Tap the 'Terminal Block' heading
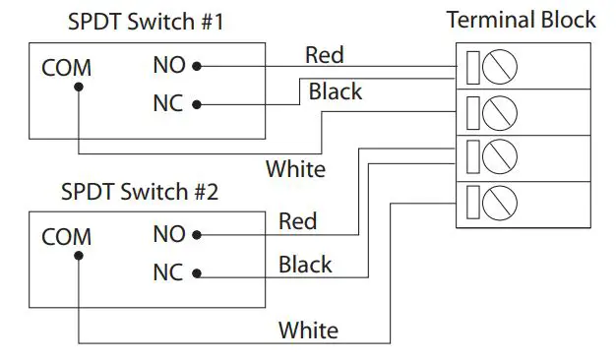coord(521,20)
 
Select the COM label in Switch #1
coord(66,69)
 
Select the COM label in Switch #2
coord(66,237)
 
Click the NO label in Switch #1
coord(168,66)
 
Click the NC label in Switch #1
coord(168,103)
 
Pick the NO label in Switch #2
coord(168,235)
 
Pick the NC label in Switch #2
coord(168,272)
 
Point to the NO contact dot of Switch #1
coord(197,66)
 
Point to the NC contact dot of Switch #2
coord(197,272)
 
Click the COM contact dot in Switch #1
coord(79,86)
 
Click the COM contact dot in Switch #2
coord(79,255)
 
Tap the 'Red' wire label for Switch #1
coord(324,54)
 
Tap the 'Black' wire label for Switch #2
coord(305,265)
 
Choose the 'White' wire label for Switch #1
coord(295,169)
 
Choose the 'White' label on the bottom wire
coord(308,330)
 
